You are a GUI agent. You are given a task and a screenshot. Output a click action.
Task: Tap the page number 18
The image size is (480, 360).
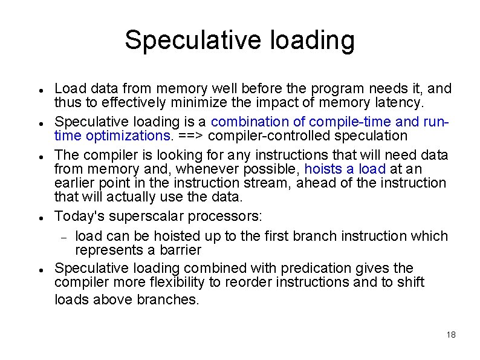(x=450, y=335)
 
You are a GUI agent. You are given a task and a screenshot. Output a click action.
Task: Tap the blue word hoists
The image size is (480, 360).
(x=323, y=169)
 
